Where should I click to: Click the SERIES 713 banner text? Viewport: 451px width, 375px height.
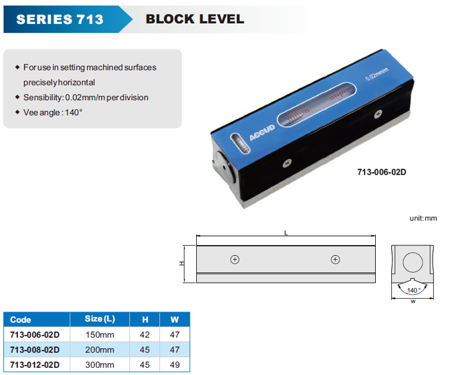(60, 19)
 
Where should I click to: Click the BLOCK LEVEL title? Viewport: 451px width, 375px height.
(194, 19)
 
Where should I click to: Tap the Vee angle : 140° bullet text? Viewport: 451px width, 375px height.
(53, 112)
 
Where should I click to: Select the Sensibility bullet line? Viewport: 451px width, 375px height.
(86, 97)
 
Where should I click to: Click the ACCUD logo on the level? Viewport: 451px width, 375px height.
(262, 132)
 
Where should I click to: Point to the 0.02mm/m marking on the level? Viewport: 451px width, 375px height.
(377, 74)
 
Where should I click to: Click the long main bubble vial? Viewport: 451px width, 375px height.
(317, 104)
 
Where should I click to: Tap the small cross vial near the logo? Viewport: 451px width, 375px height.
(240, 143)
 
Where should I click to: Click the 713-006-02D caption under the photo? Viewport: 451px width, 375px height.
(382, 172)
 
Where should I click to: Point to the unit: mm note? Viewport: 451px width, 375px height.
(423, 218)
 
